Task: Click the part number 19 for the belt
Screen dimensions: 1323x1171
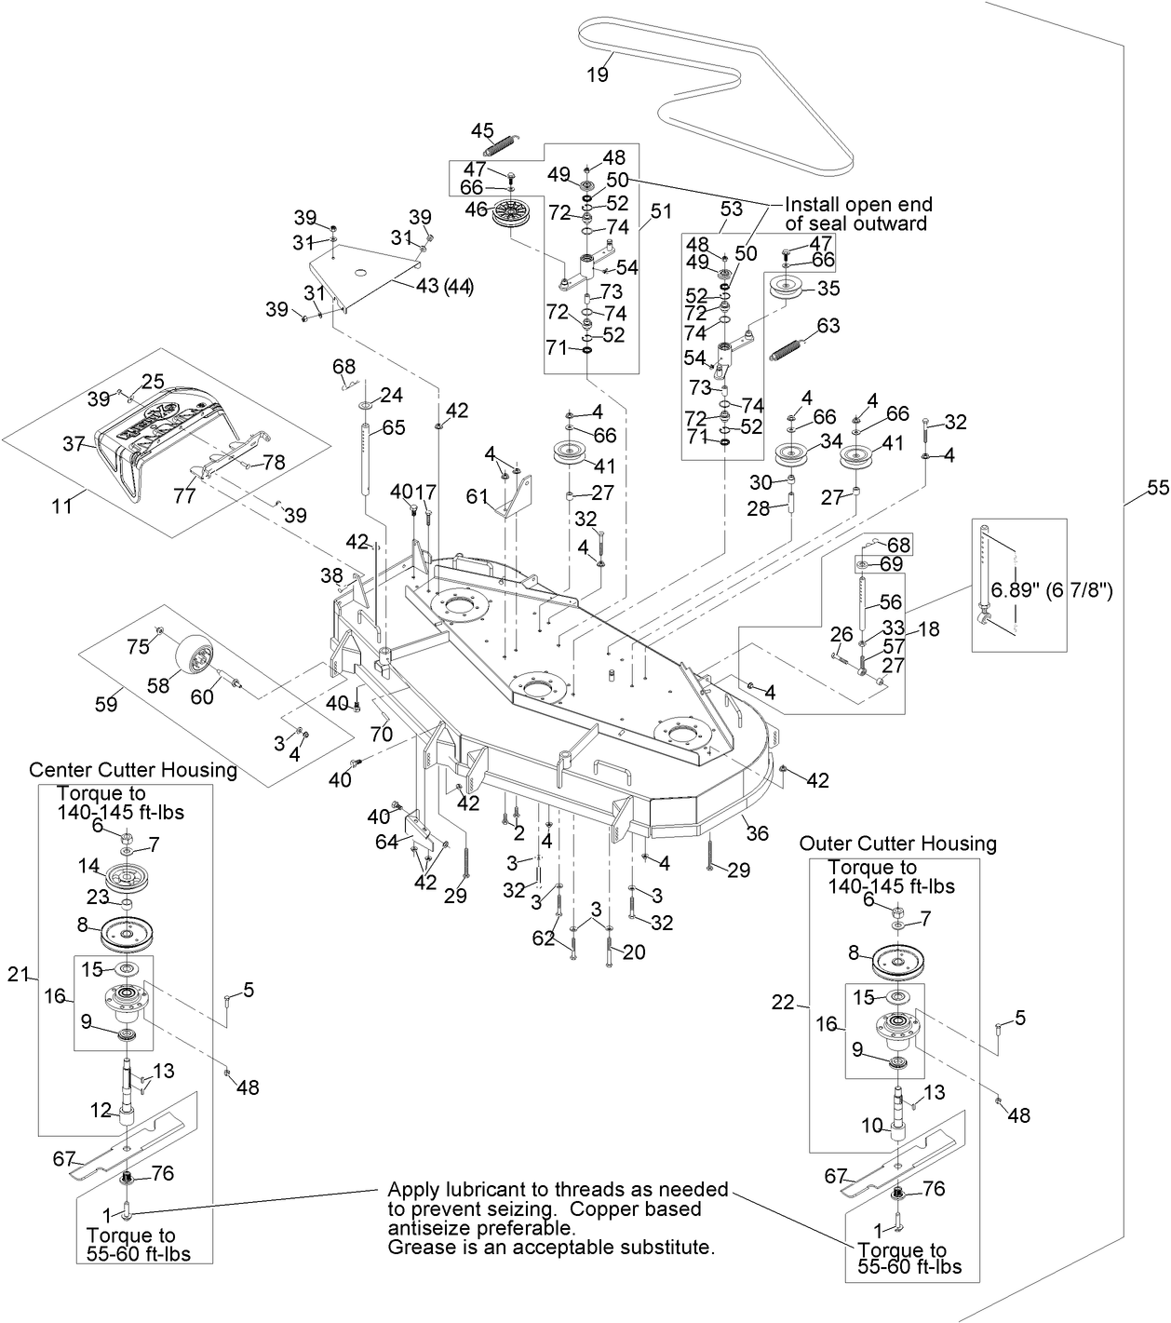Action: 598,74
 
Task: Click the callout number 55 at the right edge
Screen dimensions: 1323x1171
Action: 1157,487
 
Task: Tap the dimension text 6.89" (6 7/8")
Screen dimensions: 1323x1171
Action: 1053,590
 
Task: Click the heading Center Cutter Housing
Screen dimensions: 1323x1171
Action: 133,770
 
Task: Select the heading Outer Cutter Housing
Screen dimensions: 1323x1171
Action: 897,844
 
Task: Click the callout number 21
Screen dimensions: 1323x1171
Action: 19,974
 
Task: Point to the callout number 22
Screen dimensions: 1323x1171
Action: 784,1002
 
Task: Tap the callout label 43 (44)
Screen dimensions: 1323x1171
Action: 444,286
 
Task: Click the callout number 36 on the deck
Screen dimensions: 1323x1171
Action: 758,832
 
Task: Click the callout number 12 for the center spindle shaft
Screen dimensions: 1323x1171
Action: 101,1110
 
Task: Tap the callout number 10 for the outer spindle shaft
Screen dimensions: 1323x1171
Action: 871,1126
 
